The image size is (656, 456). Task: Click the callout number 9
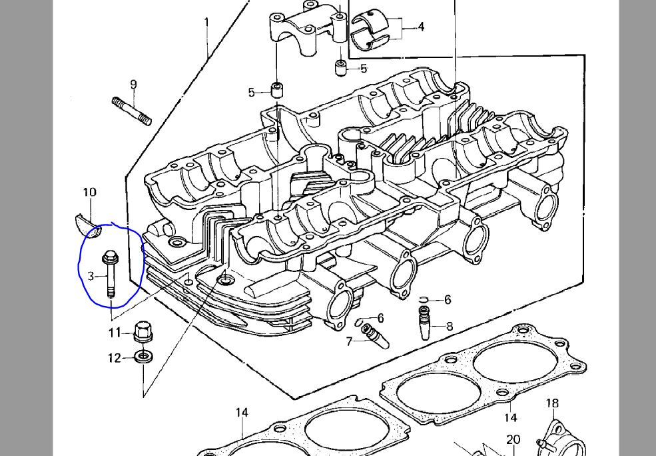133,85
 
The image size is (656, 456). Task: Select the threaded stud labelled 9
132,111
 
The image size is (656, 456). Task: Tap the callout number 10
89,193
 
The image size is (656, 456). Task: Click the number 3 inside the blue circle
91,275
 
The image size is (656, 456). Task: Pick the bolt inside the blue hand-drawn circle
110,274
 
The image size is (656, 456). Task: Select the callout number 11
115,332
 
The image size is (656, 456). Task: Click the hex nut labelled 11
143,331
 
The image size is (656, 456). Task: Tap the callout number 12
115,358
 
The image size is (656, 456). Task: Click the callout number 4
421,27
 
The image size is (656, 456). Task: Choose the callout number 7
349,342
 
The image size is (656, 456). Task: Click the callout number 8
450,326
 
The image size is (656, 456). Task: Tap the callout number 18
552,403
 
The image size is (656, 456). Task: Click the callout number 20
513,439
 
